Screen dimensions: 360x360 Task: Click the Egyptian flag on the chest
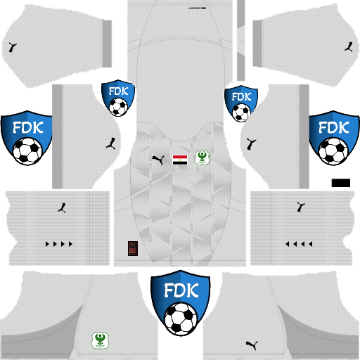(x=180, y=159)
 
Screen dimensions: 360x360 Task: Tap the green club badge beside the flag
(x=200, y=159)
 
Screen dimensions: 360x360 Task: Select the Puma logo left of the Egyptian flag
(x=158, y=160)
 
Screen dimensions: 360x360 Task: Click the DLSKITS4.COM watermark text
(x=179, y=271)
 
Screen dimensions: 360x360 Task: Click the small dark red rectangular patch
(x=132, y=247)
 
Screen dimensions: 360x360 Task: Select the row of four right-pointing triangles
(x=59, y=245)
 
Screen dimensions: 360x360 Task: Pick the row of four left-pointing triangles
(x=299, y=245)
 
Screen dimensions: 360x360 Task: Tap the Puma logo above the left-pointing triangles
(x=301, y=206)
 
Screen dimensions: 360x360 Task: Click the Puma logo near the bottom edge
(x=250, y=345)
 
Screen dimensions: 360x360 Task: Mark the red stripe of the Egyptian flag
(x=180, y=155)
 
